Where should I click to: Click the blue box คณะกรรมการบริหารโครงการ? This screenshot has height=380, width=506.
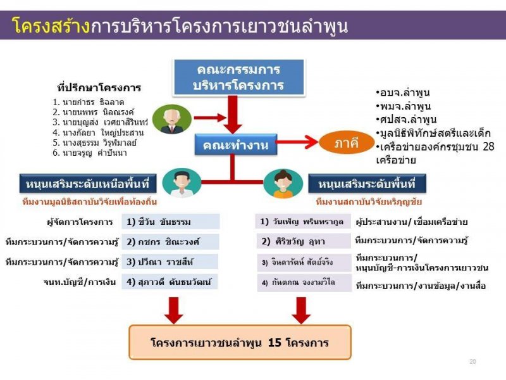(x=239, y=77)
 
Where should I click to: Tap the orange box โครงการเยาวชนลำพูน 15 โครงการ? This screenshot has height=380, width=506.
(x=240, y=343)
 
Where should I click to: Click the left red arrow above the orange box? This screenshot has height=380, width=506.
(x=173, y=309)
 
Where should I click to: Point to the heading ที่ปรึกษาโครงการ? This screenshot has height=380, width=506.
(x=99, y=87)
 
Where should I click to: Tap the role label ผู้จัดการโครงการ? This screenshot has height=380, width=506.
(x=80, y=222)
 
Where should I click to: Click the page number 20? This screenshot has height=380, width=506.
(x=472, y=361)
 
